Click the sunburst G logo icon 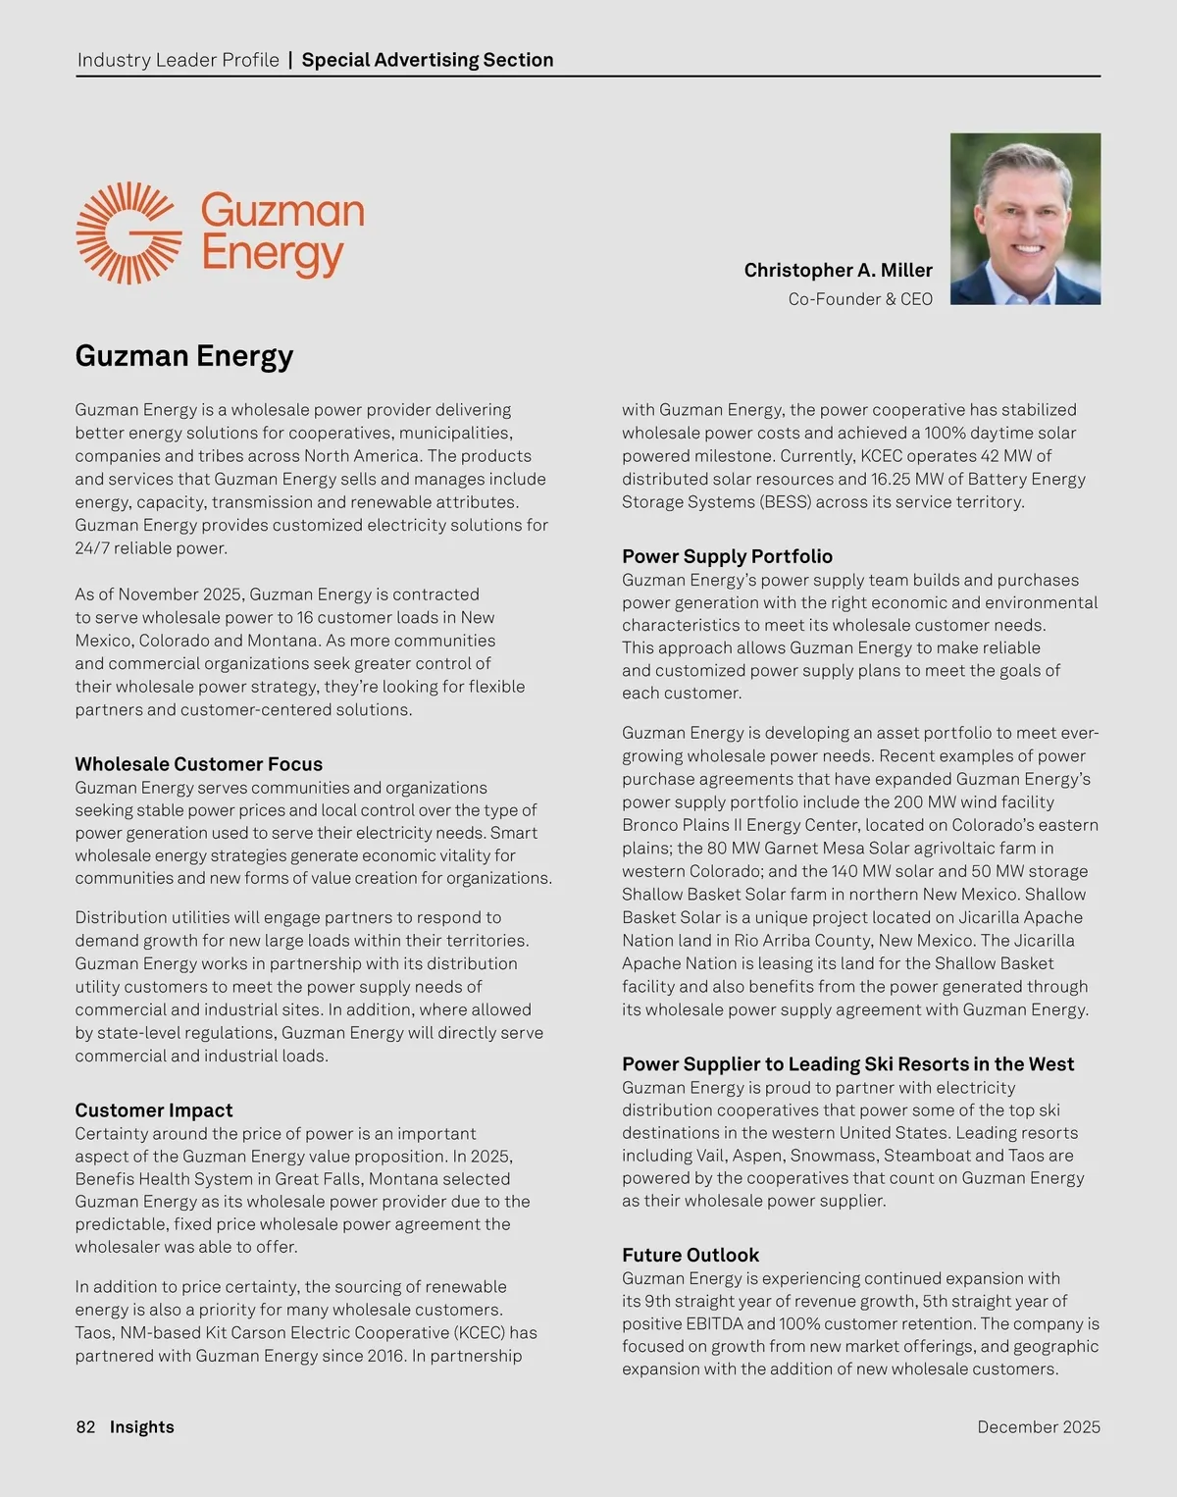[128, 233]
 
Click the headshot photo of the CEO [1025, 219]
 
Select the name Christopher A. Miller [838, 270]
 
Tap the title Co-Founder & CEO [860, 299]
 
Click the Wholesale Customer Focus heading [198, 764]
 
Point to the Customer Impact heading [154, 1110]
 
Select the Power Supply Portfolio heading [727, 556]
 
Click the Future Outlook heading [691, 1255]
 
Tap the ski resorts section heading [847, 1064]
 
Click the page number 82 [85, 1427]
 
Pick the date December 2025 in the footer [1039, 1427]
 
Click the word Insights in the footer [142, 1427]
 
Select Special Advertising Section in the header [428, 60]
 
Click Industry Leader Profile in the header [178, 60]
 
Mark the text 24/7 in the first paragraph [92, 548]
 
